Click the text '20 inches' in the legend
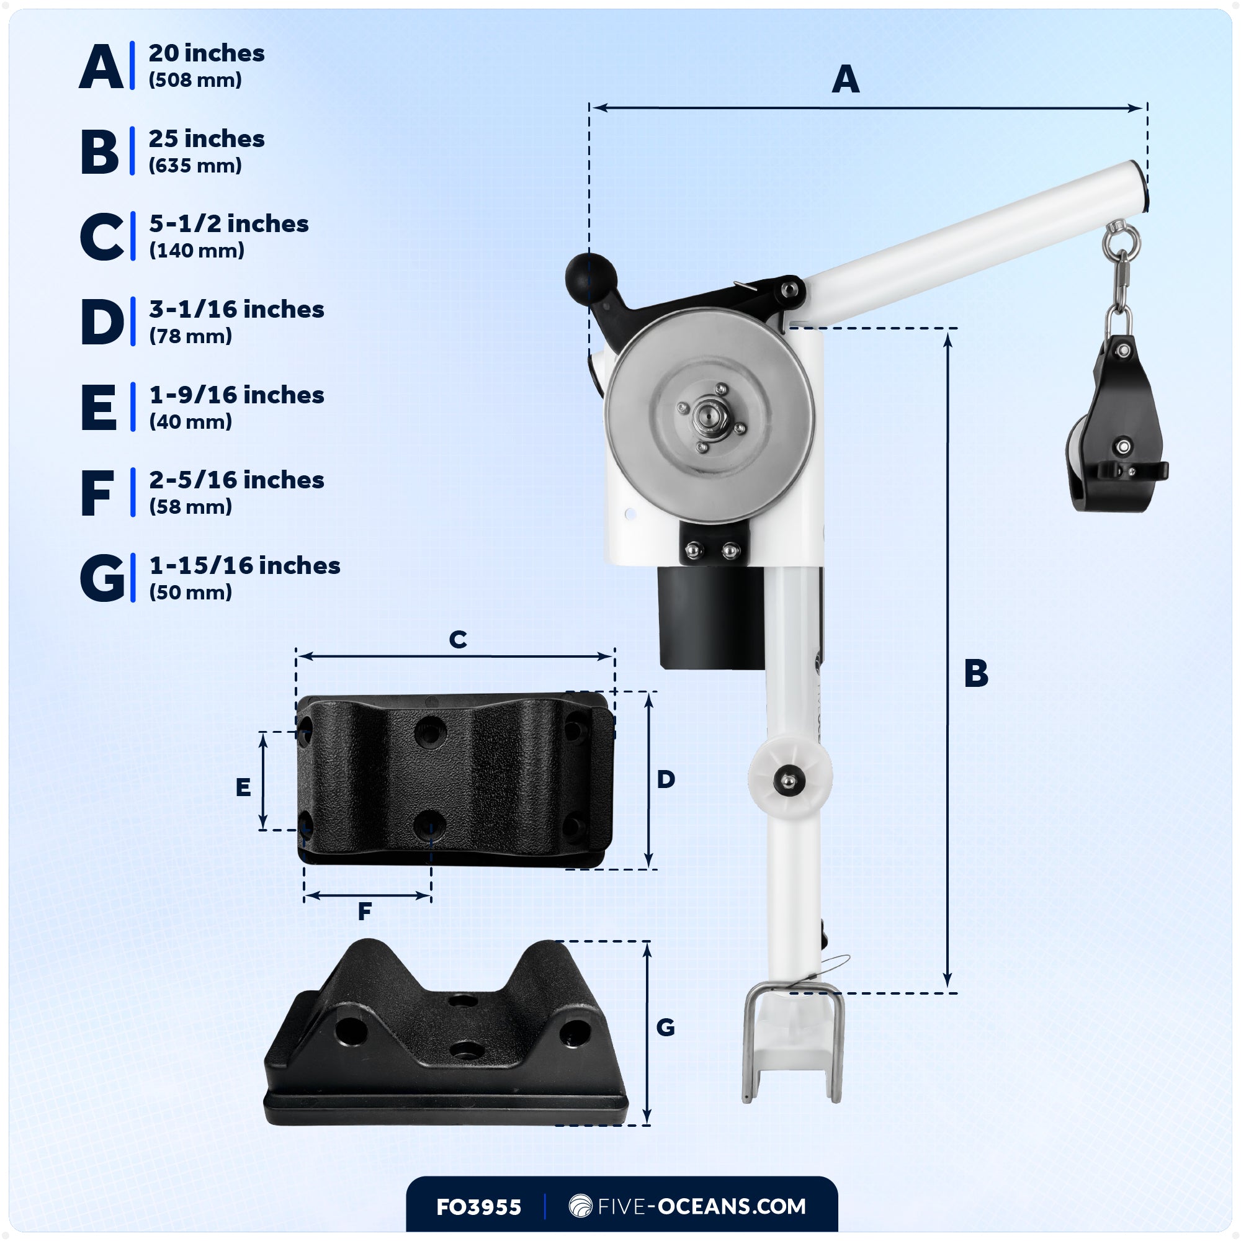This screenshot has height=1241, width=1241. (x=206, y=53)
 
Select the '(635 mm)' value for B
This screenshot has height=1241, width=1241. (x=195, y=166)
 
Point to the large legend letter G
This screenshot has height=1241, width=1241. (x=102, y=578)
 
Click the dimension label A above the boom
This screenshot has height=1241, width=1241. (x=845, y=79)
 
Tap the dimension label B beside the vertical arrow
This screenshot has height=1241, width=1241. (x=975, y=674)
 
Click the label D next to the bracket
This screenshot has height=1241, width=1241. (x=665, y=780)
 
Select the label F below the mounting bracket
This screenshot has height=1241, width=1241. (x=364, y=911)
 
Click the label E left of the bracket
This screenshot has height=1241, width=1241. (x=243, y=787)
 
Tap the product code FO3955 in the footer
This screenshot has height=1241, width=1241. (x=478, y=1207)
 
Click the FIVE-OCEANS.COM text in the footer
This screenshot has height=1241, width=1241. (x=701, y=1206)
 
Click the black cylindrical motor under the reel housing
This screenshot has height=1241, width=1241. (x=712, y=617)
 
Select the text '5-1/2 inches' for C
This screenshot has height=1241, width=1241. (x=229, y=224)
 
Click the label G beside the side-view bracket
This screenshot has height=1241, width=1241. (x=665, y=1028)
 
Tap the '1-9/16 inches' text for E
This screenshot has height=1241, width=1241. (x=236, y=395)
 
